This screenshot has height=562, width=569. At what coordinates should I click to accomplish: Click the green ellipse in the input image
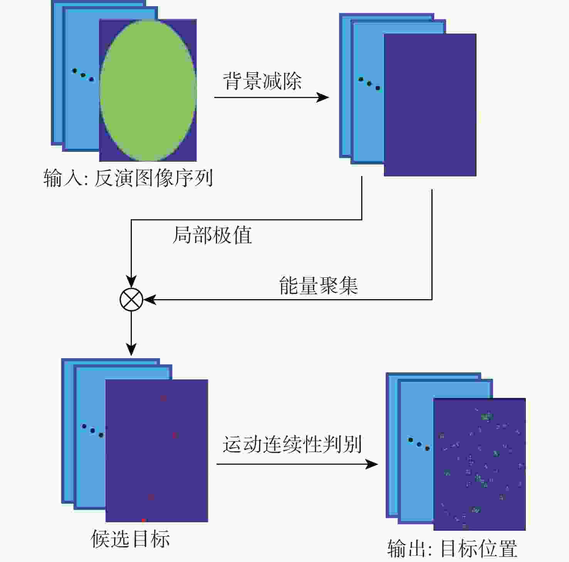pos(148,91)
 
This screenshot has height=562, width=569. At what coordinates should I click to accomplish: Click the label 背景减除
pos(262,81)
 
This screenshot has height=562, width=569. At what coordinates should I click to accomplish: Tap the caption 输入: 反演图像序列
pos(128,178)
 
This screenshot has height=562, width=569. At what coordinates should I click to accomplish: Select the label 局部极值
pos(212,235)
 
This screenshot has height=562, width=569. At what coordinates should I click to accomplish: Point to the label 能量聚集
pos(318,286)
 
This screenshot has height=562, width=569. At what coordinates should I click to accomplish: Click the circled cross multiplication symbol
pos(131,300)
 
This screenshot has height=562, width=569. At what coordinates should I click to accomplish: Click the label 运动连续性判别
pos(292,444)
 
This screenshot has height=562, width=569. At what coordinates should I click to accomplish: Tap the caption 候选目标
pos(130,539)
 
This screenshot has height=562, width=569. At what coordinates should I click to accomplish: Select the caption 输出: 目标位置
pos(452,548)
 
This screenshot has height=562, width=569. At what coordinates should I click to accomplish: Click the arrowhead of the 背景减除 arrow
pos(323,97)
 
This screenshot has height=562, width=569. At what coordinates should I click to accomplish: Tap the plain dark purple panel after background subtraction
pos(430,105)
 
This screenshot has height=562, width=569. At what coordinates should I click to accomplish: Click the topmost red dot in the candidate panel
pos(163,398)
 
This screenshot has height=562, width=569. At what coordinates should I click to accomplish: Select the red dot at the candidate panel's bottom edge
pos(143,520)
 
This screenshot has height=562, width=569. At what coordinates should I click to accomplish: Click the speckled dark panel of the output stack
pos(480,464)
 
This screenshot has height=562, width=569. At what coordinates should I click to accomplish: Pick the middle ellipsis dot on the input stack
pos(83,75)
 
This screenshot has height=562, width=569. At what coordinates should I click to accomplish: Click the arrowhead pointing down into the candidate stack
pos(131,349)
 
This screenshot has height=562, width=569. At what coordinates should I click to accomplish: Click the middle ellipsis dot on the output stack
pos(419,444)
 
